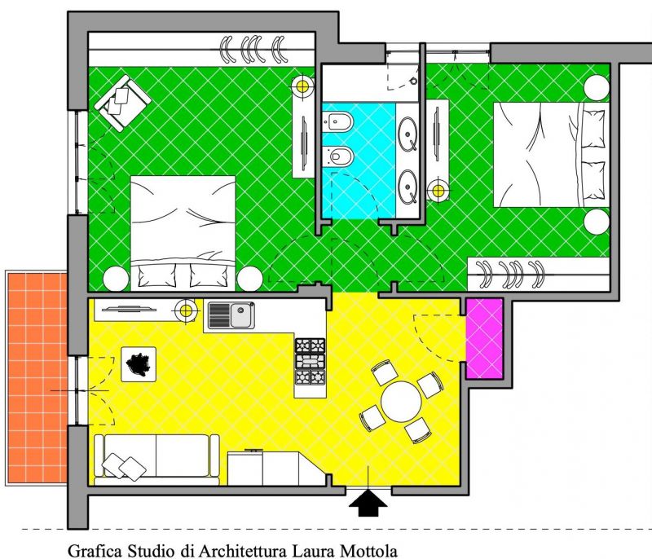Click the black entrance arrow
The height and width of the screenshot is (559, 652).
[368, 503]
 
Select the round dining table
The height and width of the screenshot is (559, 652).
[401, 401]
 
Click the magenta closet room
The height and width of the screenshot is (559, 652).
[484, 338]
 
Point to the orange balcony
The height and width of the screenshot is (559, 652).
[37, 377]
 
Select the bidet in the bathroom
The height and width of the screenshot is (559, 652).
[337, 121]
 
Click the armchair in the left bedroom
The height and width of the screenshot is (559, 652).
[122, 103]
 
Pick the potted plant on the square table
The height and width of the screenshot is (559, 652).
[139, 364]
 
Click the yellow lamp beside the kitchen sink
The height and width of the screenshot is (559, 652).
[185, 310]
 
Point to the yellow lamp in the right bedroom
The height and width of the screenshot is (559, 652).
[438, 191]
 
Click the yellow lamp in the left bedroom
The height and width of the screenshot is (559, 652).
[302, 86]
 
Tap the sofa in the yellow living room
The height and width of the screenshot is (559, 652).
[156, 460]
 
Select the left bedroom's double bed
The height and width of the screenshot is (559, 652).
[183, 233]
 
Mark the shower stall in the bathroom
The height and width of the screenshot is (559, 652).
[370, 84]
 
